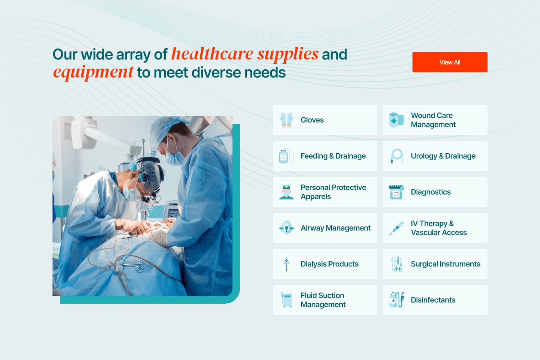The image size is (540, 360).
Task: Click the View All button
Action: (x=450, y=62)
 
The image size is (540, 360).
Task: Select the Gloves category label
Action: (x=312, y=120)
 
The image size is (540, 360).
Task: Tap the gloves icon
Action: (x=286, y=120)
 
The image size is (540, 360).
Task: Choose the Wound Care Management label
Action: (x=433, y=120)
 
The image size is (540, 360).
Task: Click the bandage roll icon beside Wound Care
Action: (x=396, y=120)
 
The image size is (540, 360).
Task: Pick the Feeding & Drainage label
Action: (x=333, y=156)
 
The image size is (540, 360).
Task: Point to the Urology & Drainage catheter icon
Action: (x=397, y=156)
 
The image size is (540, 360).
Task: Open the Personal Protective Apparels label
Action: (x=333, y=192)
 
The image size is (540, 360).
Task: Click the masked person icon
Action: (x=286, y=192)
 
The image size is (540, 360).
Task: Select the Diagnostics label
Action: (x=431, y=192)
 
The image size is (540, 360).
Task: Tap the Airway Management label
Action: (x=335, y=228)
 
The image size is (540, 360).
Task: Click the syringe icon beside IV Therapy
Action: (x=397, y=228)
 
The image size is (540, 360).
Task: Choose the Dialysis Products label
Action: (x=329, y=264)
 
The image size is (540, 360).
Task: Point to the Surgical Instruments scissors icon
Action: (x=397, y=264)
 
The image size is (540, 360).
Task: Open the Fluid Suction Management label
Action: (x=323, y=300)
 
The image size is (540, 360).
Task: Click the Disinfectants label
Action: (x=433, y=300)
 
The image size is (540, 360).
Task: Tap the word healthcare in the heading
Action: (x=212, y=54)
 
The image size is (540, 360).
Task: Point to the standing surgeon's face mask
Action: (x=175, y=157)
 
